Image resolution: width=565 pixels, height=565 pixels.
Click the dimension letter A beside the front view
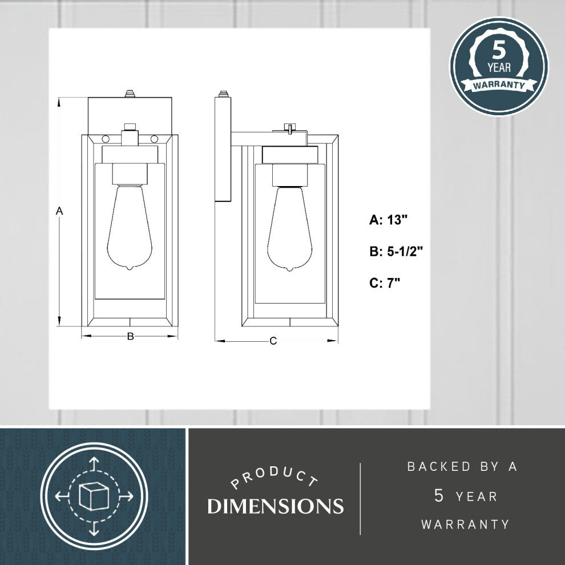(59, 211)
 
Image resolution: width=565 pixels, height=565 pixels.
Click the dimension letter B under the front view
(131, 336)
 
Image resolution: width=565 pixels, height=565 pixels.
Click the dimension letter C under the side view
(273, 341)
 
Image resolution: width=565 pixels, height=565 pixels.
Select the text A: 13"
(388, 220)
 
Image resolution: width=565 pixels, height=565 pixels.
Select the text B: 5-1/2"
(396, 251)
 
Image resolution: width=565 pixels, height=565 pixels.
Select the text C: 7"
(385, 283)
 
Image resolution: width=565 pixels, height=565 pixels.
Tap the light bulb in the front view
(130, 227)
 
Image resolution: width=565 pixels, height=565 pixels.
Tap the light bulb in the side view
(289, 229)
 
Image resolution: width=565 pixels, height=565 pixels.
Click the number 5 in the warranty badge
(499, 50)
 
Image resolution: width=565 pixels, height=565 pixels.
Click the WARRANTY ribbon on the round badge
(499, 85)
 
